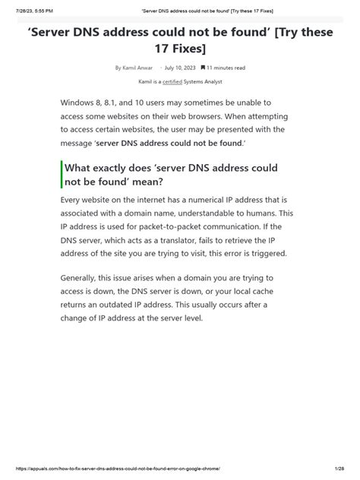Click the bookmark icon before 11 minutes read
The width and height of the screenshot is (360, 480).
(x=203, y=68)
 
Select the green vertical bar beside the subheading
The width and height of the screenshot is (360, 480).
(x=62, y=175)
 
